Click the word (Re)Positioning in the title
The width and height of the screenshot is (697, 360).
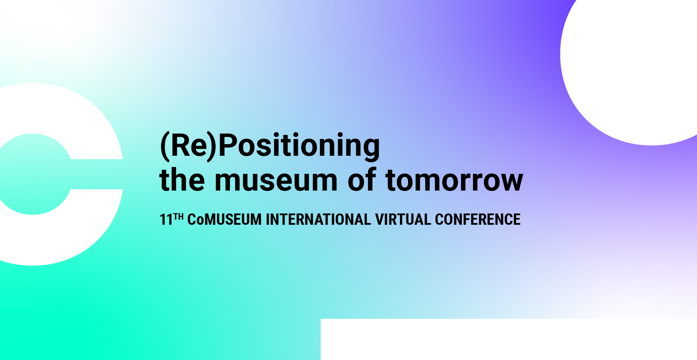(x=270, y=146)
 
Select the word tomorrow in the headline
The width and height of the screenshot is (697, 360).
(x=454, y=180)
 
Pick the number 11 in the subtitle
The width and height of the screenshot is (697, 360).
(x=166, y=220)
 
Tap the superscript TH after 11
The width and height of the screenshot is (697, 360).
(x=179, y=217)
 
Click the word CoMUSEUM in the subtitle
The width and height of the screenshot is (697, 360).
(x=224, y=220)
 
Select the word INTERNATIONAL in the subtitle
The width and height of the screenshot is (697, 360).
(x=318, y=220)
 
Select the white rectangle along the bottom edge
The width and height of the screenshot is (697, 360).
(x=509, y=339)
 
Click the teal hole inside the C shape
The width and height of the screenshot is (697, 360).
(x=32, y=174)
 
